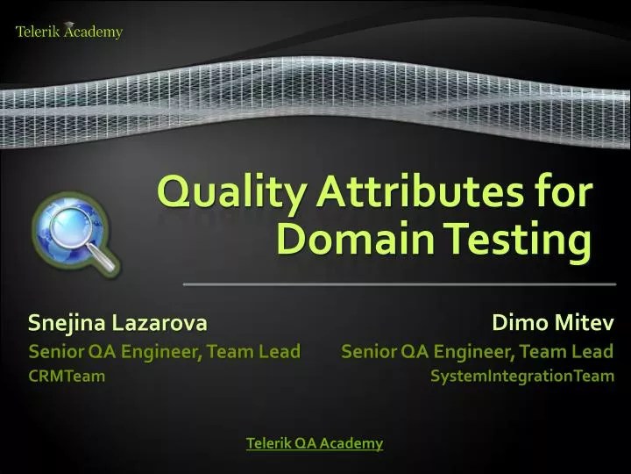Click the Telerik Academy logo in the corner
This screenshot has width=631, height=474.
[69, 32]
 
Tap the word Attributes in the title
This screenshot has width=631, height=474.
[400, 192]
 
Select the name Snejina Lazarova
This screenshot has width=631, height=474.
[117, 323]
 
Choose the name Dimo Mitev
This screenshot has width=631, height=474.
[552, 323]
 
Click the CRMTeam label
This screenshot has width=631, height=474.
[67, 377]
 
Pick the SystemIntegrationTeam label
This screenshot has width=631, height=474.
[522, 377]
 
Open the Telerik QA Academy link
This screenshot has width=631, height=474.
[315, 443]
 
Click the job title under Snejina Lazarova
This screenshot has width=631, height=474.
[165, 351]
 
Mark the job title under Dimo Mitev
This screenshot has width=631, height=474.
[477, 351]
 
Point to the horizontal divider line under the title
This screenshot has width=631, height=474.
[399, 284]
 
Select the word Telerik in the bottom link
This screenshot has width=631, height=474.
[269, 443]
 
